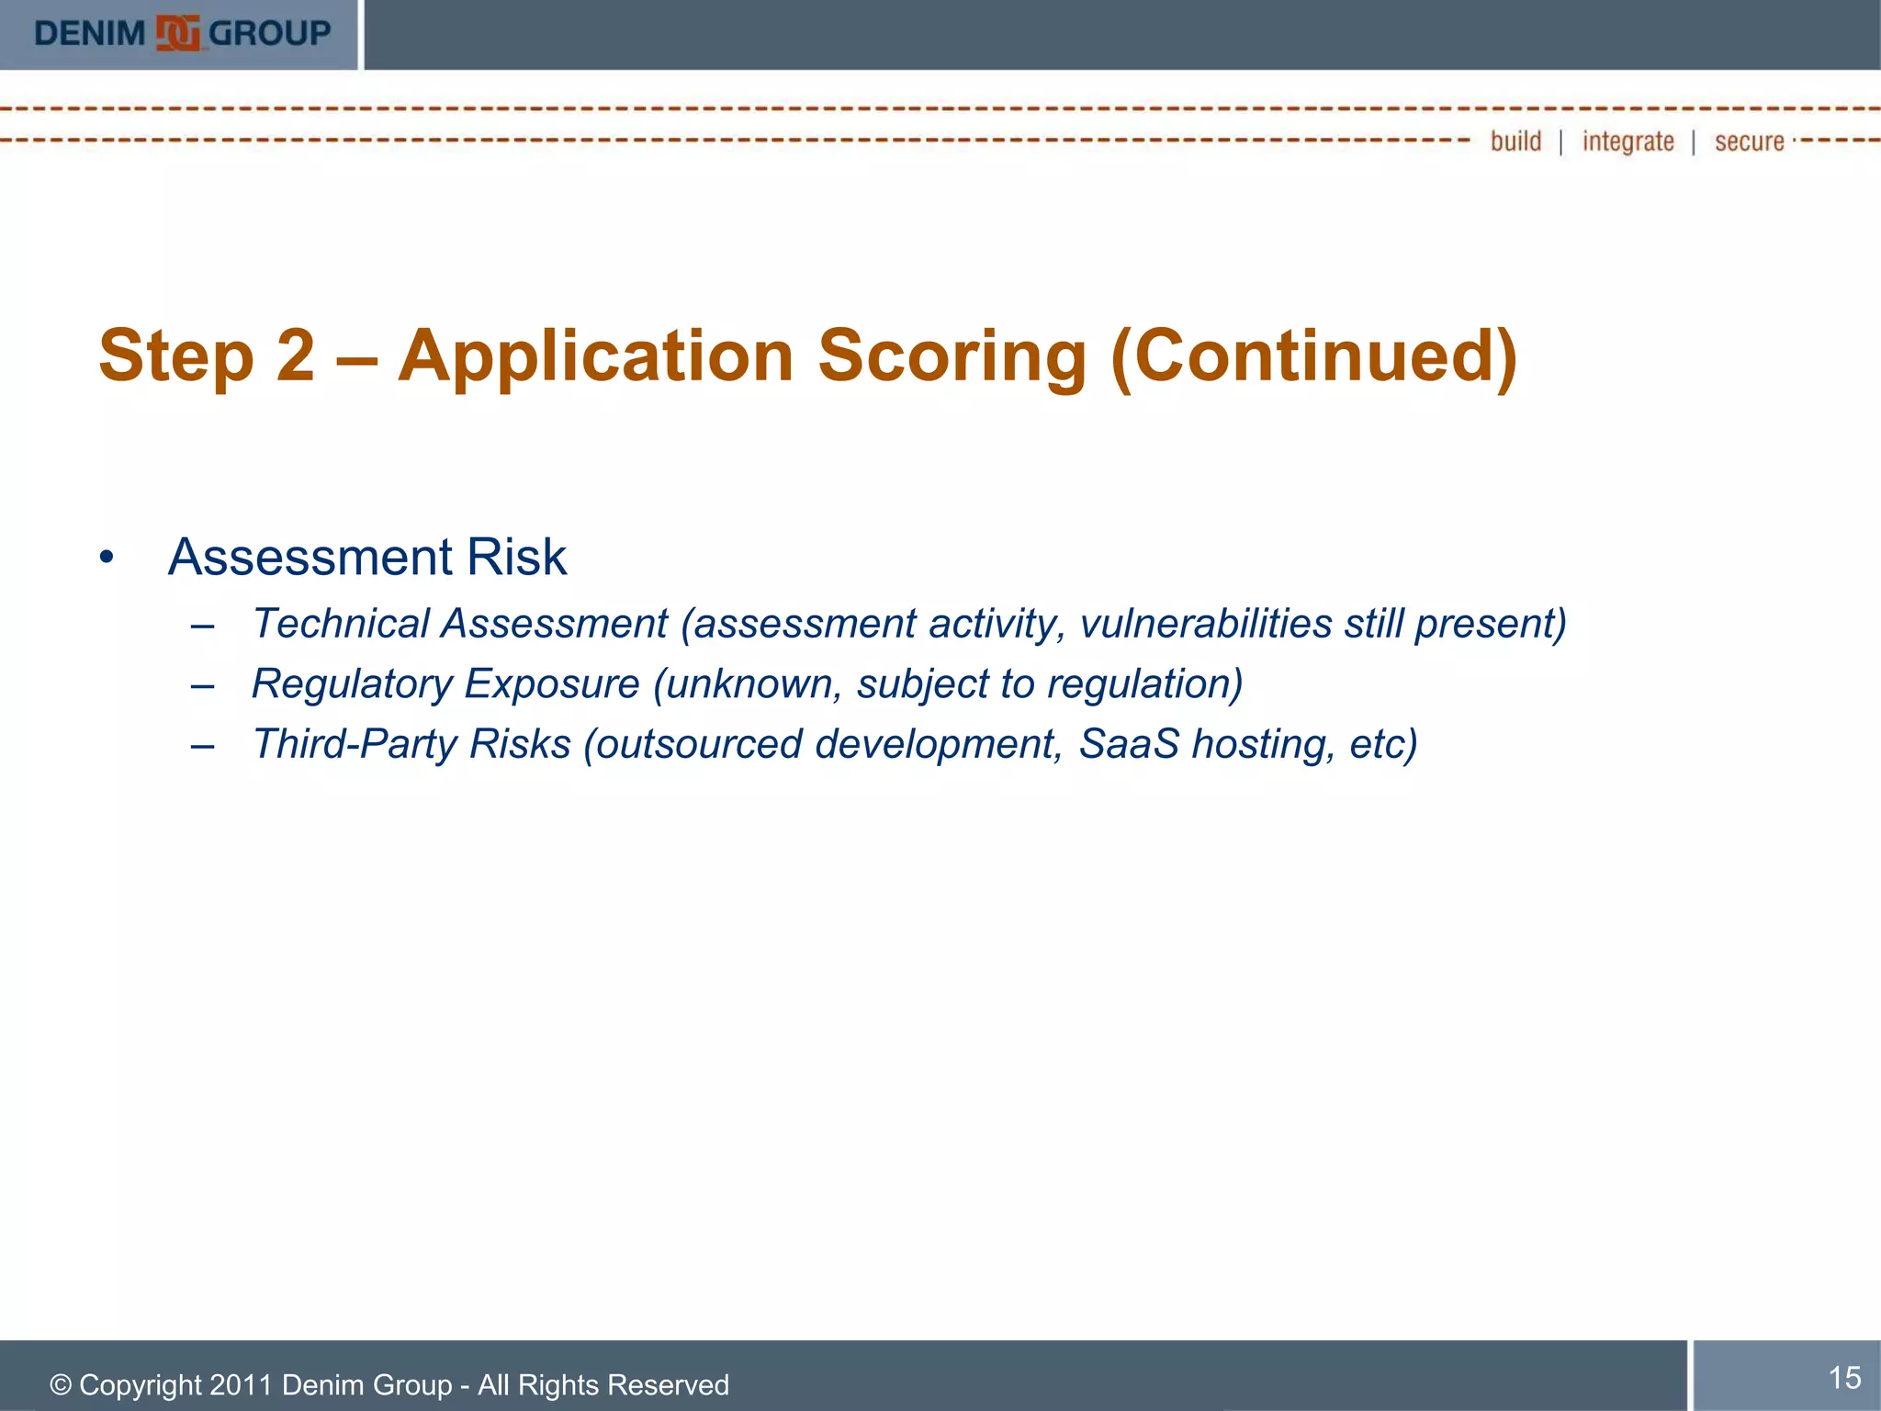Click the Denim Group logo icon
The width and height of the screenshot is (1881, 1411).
tap(177, 33)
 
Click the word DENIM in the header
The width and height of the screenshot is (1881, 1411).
tap(89, 34)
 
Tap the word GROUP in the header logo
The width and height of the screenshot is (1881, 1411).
tap(269, 34)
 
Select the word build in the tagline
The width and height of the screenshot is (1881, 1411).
tap(1515, 141)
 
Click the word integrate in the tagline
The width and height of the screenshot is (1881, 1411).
tap(1628, 141)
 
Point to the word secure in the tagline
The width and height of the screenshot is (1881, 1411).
tap(1749, 141)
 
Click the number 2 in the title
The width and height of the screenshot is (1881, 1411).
tap(295, 356)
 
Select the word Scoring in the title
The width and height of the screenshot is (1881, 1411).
tap(952, 356)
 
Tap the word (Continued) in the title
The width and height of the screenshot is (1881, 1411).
tap(1314, 356)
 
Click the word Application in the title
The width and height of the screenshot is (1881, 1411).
tap(595, 356)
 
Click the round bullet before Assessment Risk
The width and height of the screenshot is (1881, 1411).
tap(107, 558)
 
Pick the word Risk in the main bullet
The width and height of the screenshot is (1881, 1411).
tap(516, 557)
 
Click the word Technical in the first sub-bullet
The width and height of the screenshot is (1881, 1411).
tap(341, 624)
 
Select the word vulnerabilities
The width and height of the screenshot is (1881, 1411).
tap(1205, 624)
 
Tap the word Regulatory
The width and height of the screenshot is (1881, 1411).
tap(352, 684)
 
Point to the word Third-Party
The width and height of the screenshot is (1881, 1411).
tap(354, 744)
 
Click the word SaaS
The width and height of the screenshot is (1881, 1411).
tap(1128, 744)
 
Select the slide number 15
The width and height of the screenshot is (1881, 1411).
tap(1844, 1377)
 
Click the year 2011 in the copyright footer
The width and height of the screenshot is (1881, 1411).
tap(241, 1384)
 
